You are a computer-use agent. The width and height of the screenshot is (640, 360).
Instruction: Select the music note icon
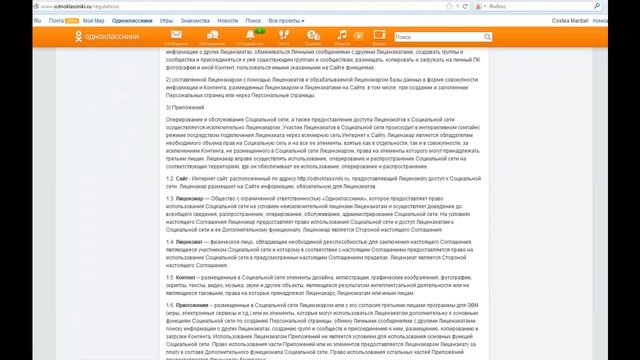342,35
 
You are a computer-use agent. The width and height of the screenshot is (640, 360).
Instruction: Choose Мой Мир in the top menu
94,19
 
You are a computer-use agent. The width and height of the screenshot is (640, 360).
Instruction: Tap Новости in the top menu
228,19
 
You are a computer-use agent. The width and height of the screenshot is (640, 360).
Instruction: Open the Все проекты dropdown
289,19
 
